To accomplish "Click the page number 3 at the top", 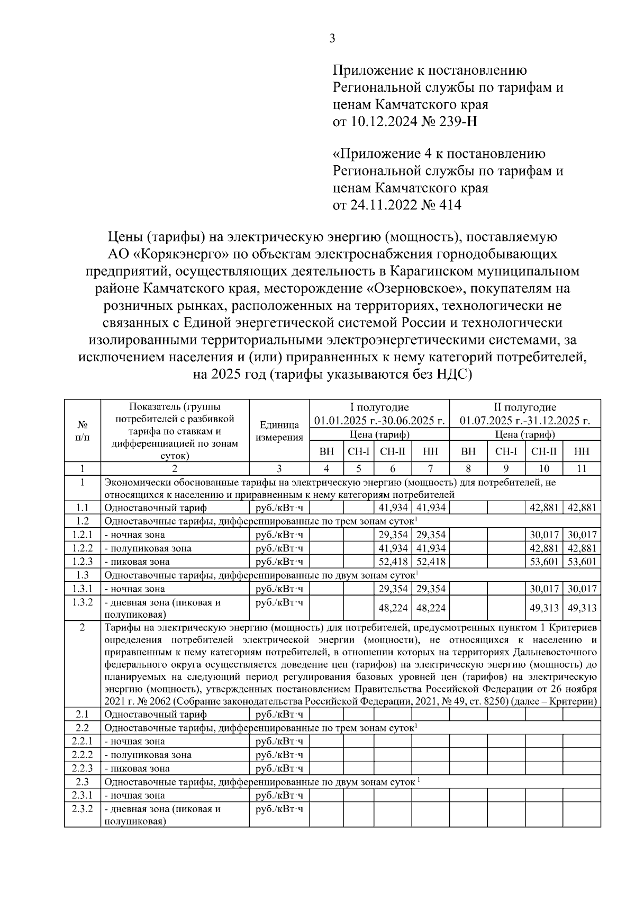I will (x=332, y=39).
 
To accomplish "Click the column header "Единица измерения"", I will (x=279, y=431).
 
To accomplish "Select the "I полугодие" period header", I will (x=379, y=407).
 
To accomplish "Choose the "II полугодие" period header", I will (x=525, y=407).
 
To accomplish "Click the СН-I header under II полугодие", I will (x=506, y=451).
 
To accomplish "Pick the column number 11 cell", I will (x=582, y=468).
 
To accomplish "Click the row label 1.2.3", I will (x=83, y=562).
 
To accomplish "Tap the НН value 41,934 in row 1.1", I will (x=431, y=508).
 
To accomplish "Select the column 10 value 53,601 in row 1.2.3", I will (x=544, y=562).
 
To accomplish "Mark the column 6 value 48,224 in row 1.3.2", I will (x=393, y=608).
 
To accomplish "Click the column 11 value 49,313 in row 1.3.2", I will (x=582, y=608).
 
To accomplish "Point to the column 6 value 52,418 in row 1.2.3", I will (x=393, y=562).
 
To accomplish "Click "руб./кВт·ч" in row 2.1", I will (x=279, y=715).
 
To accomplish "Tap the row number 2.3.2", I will (x=83, y=809).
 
